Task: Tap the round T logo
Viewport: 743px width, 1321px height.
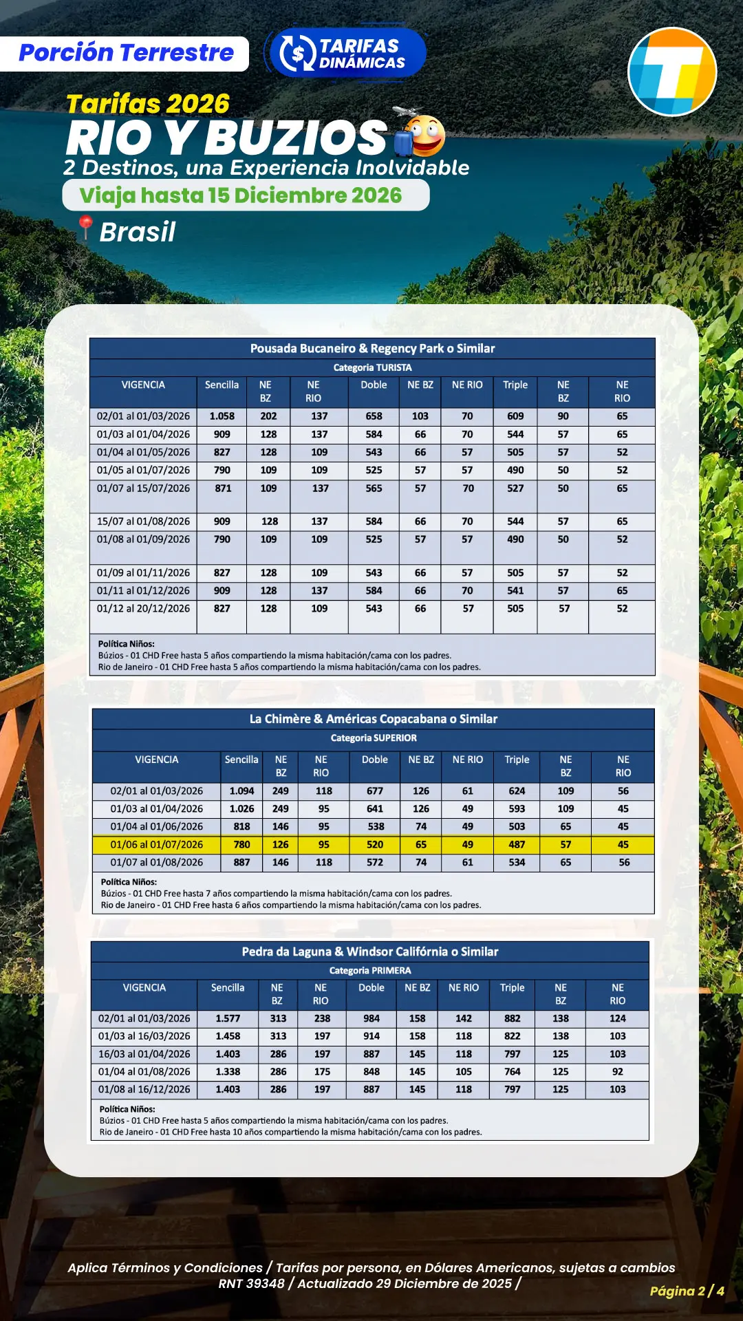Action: (x=672, y=72)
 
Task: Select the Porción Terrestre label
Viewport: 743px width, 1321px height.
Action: (x=126, y=53)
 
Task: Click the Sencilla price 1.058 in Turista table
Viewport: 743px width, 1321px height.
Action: (x=222, y=416)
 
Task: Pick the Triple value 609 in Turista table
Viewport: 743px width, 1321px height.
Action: (x=515, y=416)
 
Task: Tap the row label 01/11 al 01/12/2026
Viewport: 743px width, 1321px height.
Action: (x=143, y=590)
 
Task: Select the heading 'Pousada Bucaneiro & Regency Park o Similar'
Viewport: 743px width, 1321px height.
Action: (x=372, y=348)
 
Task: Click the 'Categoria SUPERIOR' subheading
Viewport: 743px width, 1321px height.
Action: (x=374, y=738)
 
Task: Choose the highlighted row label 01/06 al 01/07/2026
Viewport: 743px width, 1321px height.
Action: (x=156, y=844)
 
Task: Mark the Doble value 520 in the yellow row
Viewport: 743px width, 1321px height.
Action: (x=375, y=844)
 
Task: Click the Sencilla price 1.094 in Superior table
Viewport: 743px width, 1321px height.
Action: (x=241, y=791)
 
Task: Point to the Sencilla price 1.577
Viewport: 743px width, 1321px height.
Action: (x=228, y=1018)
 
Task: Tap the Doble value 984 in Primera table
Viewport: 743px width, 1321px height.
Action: (x=371, y=1018)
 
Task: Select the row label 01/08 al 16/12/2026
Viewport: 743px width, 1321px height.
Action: (x=144, y=1089)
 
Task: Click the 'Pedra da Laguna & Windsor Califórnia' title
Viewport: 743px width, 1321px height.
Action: (x=369, y=952)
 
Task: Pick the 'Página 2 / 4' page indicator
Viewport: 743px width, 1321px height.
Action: (x=687, y=1291)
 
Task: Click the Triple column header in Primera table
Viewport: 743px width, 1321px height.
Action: (x=512, y=987)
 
